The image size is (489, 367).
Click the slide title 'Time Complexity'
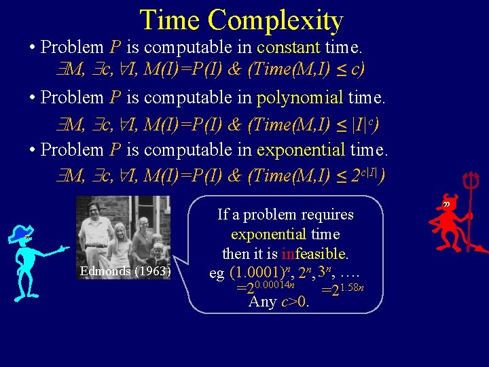pyautogui.click(x=241, y=20)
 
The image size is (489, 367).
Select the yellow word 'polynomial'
pyautogui.click(x=300, y=97)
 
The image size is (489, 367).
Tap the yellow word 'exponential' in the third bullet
pyautogui.click(x=302, y=150)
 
